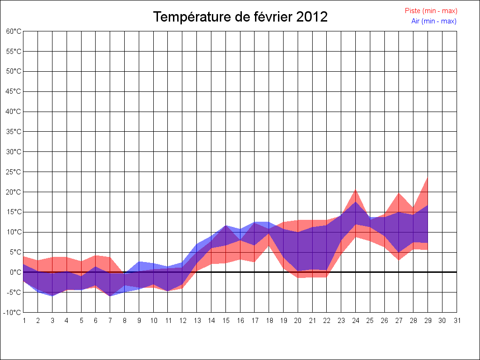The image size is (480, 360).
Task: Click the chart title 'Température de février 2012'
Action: (x=240, y=17)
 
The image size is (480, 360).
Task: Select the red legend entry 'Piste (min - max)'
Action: (x=431, y=11)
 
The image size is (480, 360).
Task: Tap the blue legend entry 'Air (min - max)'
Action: (x=434, y=21)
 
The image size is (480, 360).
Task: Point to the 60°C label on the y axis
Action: (x=14, y=31)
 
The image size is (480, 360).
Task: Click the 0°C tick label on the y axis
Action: (x=15, y=272)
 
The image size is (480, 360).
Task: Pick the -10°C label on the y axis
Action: (x=13, y=312)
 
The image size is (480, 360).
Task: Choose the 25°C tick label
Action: (x=14, y=172)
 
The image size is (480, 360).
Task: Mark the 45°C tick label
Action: (x=14, y=91)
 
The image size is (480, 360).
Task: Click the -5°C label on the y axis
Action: (x=14, y=292)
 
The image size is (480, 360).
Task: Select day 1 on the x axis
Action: (x=24, y=321)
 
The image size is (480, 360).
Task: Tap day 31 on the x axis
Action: (x=457, y=321)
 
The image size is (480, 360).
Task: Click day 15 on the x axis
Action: (x=226, y=321)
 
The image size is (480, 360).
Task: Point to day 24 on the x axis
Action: (x=356, y=321)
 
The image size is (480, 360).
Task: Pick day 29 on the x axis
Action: (x=428, y=321)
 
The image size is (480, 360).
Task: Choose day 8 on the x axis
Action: (x=125, y=321)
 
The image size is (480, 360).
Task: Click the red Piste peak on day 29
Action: (x=427, y=178)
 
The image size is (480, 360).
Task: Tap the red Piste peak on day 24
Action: (x=356, y=190)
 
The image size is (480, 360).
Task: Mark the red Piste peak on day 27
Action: (x=399, y=194)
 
